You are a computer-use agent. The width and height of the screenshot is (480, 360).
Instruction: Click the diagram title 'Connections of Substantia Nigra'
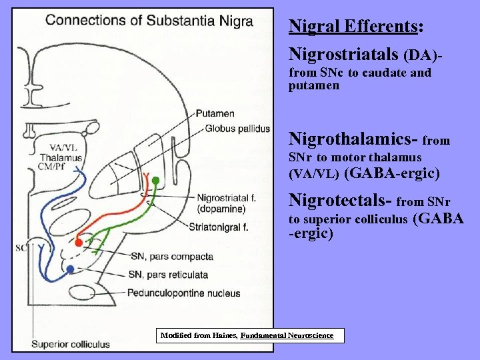click(x=149, y=19)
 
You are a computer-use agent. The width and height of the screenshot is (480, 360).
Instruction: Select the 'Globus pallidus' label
click(x=237, y=128)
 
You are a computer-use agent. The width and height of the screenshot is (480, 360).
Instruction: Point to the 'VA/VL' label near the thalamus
click(x=62, y=148)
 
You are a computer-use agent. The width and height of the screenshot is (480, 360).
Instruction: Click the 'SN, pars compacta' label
click(x=172, y=256)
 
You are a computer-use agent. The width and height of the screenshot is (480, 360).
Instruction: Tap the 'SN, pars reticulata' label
click(x=169, y=274)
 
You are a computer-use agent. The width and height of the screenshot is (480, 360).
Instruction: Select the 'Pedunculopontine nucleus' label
click(x=183, y=293)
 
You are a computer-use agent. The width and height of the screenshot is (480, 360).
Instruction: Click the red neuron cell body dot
click(x=79, y=243)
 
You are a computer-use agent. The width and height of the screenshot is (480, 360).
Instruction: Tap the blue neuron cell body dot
click(x=71, y=269)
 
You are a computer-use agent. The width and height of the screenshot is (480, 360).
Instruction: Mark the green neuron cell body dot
click(x=155, y=180)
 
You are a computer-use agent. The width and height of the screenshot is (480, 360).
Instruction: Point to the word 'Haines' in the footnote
click(x=223, y=335)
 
